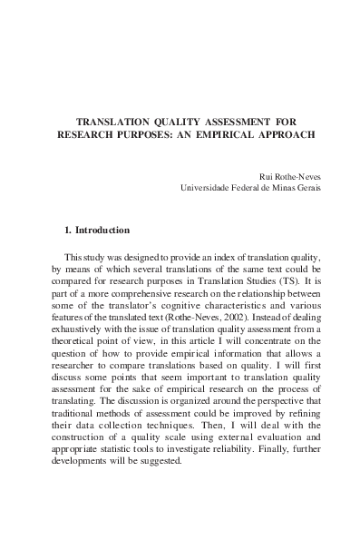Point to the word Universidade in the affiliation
(x=211, y=188)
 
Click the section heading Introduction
(x=102, y=231)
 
